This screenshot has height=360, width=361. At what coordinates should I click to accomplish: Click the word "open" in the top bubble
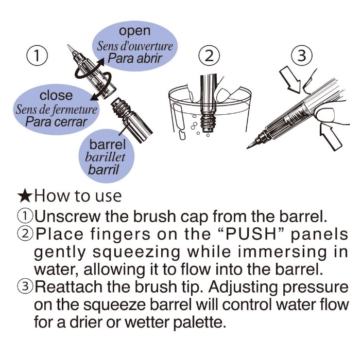pyautogui.click(x=135, y=31)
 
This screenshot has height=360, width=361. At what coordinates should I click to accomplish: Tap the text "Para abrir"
pyautogui.click(x=135, y=58)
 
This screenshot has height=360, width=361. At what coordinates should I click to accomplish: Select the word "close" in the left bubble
pyautogui.click(x=56, y=95)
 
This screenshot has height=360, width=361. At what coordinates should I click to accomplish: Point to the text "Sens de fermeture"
pyautogui.click(x=56, y=109)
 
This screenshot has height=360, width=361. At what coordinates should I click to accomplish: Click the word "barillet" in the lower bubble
pyautogui.click(x=105, y=157)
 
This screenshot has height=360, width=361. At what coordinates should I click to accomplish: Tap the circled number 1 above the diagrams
pyautogui.click(x=37, y=56)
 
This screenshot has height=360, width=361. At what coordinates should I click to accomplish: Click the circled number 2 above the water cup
pyautogui.click(x=209, y=56)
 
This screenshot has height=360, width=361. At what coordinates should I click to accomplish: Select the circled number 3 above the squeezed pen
pyautogui.click(x=302, y=56)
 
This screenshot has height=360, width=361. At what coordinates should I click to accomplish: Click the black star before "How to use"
pyautogui.click(x=25, y=196)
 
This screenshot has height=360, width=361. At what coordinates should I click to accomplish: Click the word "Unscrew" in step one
pyautogui.click(x=67, y=217)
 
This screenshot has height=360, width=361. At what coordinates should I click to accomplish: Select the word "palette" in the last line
pyautogui.click(x=199, y=322)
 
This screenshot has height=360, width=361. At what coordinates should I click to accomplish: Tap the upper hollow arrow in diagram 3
pyautogui.click(x=290, y=79)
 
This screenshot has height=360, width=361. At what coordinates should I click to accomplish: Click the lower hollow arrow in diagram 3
pyautogui.click(x=331, y=137)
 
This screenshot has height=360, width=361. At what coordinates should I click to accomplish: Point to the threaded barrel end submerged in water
pyautogui.click(x=208, y=123)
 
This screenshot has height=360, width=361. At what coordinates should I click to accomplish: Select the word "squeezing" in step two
pyautogui.click(x=136, y=253)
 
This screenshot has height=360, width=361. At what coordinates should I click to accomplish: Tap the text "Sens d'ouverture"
pyautogui.click(x=135, y=46)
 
